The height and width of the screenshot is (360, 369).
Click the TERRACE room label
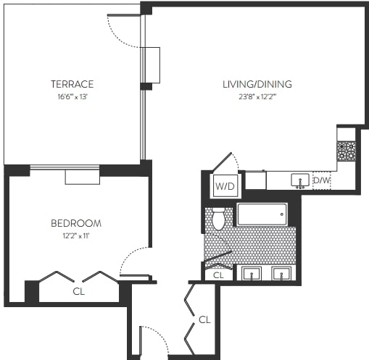pyautogui.click(x=72, y=83)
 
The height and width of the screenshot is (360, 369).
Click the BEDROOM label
pyautogui.click(x=76, y=223)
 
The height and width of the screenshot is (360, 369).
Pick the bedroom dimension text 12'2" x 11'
pyautogui.click(x=76, y=235)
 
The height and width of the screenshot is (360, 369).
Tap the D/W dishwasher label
pyautogui.click(x=321, y=180)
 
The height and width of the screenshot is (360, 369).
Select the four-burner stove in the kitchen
pyautogui.click(x=346, y=151)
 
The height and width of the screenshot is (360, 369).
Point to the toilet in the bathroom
pyautogui.click(x=218, y=218)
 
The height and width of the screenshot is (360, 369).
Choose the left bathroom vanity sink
pyautogui.click(x=251, y=274)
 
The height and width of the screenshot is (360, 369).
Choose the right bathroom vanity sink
pyautogui.click(x=281, y=274)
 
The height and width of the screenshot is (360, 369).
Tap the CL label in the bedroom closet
pyautogui.click(x=78, y=292)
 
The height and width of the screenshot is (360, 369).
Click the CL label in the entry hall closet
pyautogui.click(x=204, y=319)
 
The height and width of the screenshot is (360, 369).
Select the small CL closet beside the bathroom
pyautogui.click(x=218, y=275)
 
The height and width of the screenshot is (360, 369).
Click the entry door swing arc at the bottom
pyautogui.click(x=154, y=338)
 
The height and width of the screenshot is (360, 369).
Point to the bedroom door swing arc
pyautogui.click(x=133, y=261)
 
